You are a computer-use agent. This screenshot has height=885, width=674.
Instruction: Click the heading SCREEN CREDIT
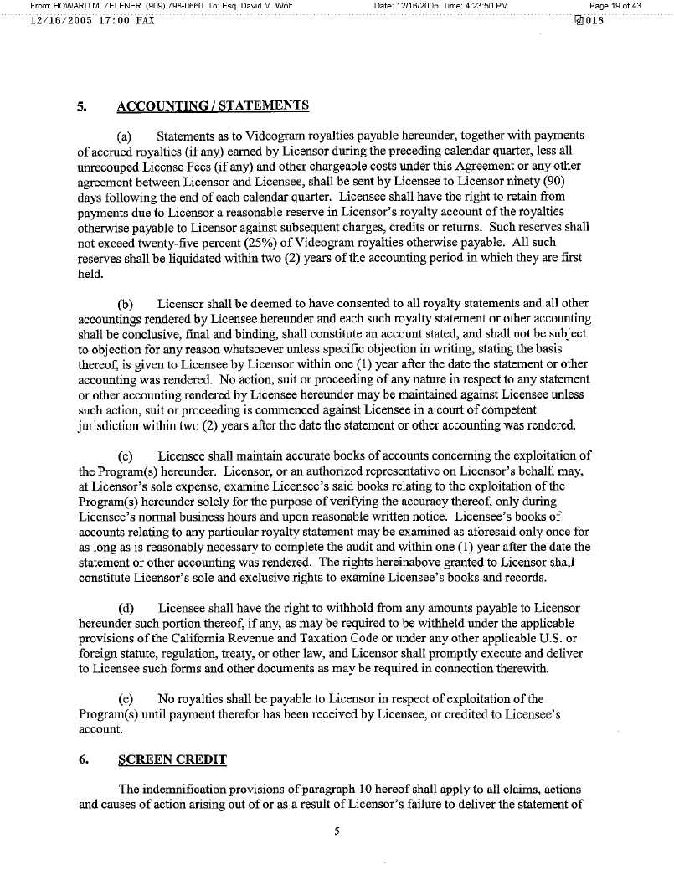[x=172, y=759]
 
